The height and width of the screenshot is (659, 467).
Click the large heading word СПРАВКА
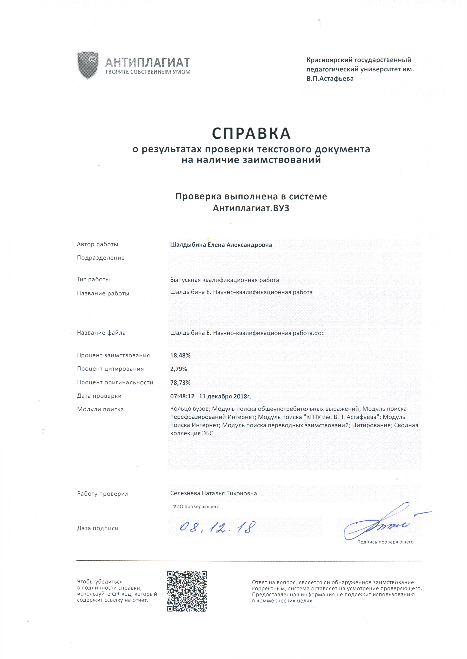[x=251, y=133]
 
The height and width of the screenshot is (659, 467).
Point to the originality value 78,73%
[x=180, y=383]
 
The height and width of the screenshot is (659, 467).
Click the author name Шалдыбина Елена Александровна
[x=221, y=245]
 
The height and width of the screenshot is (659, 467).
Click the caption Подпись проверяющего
[x=385, y=542]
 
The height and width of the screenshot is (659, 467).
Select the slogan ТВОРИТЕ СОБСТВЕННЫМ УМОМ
[x=148, y=72]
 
